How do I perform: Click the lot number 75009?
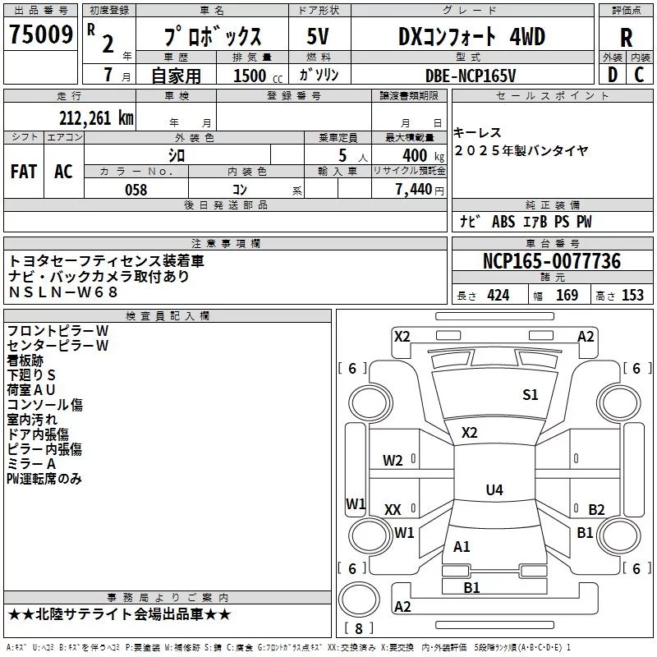(x=41, y=36)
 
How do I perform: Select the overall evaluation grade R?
(x=627, y=37)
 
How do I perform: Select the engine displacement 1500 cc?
(x=250, y=76)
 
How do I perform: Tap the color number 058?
(x=136, y=190)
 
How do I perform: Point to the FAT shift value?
(x=23, y=171)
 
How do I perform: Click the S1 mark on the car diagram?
(x=531, y=395)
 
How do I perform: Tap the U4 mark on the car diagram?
(x=494, y=490)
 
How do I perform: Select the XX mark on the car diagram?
(x=393, y=510)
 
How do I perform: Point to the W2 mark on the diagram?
(x=393, y=461)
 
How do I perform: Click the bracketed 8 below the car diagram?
(x=358, y=629)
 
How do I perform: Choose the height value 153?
(x=632, y=296)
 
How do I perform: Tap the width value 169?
(x=567, y=296)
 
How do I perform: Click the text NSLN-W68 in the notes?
(x=63, y=292)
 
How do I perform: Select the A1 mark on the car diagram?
(x=462, y=546)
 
